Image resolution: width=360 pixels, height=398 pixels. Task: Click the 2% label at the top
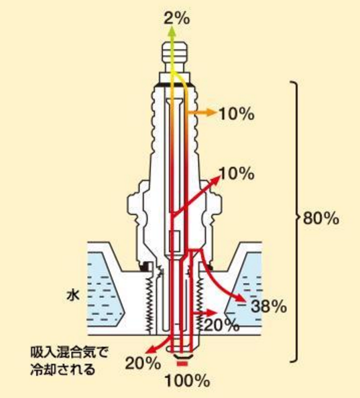[177, 19]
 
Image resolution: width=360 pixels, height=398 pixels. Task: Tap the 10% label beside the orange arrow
[236, 114]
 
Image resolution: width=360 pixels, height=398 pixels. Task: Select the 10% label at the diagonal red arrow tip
[237, 174]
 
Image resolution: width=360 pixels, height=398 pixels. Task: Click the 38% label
[269, 306]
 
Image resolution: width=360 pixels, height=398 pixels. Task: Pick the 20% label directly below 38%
[222, 325]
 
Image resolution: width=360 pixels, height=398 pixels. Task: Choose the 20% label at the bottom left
[143, 363]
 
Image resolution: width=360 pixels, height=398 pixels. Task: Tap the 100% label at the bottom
[187, 381]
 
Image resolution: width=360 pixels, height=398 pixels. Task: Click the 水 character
[73, 295]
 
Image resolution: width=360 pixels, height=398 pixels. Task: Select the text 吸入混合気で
[69, 352]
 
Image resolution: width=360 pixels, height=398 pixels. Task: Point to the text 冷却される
[63, 369]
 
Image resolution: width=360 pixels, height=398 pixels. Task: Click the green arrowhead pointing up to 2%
[173, 31]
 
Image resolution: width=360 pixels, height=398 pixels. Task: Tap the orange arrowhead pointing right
[211, 112]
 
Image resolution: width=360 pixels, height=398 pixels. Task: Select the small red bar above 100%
[182, 364]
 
